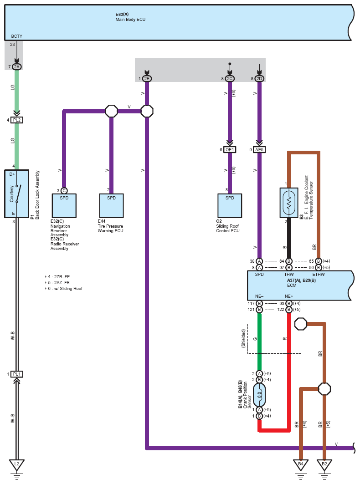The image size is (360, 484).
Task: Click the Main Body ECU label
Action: pyautogui.click(x=130, y=20)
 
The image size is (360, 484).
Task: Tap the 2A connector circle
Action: pyautogui.click(x=17, y=66)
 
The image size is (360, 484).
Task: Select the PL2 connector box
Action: pyautogui.click(x=17, y=120)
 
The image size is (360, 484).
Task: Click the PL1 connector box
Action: pyautogui.click(x=17, y=374)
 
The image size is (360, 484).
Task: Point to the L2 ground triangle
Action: pyautogui.click(x=17, y=464)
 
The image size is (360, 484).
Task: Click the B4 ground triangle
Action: pyautogui.click(x=301, y=464)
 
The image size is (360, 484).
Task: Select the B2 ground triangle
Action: pyautogui.click(x=324, y=464)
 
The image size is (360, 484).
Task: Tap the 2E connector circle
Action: pyautogui.click(x=147, y=79)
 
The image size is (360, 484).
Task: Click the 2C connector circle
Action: pyautogui.click(x=230, y=79)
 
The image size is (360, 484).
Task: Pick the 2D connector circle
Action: pyautogui.click(x=259, y=79)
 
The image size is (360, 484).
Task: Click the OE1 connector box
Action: pyautogui.click(x=230, y=150)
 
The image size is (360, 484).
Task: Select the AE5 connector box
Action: pyautogui.click(x=259, y=150)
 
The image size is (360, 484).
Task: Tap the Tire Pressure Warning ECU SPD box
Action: pyautogui.click(x=111, y=206)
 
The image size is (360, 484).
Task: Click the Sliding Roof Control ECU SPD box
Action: pyautogui.click(x=230, y=206)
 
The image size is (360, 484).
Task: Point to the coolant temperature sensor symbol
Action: pyautogui.click(x=289, y=202)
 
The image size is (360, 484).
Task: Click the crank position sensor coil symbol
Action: pyautogui.click(x=259, y=395)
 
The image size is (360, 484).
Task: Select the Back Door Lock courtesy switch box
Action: pyautogui.click(x=17, y=194)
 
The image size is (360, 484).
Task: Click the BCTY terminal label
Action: pyautogui.click(x=17, y=36)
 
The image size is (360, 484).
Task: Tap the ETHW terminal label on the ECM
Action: pyautogui.click(x=318, y=275)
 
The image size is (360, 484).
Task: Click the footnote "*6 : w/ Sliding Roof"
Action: pyautogui.click(x=64, y=289)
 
